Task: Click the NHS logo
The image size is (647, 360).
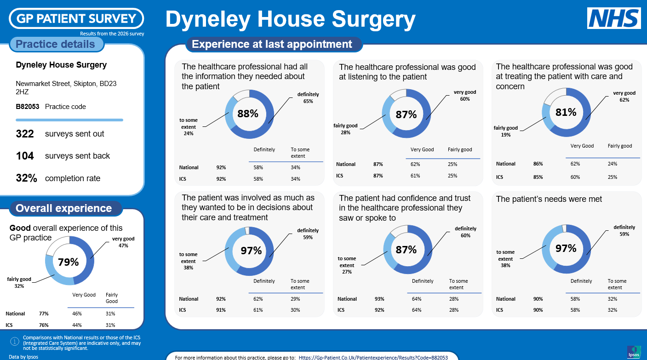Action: pos(614,18)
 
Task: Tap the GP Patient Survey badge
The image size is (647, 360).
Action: pos(76,18)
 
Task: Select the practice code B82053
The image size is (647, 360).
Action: pos(28,107)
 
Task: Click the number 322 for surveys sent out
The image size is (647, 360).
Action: pos(25,134)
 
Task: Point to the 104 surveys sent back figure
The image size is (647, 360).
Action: pos(25,156)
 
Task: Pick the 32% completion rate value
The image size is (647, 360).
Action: pos(26,178)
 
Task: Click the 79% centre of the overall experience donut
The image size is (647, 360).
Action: pos(69,262)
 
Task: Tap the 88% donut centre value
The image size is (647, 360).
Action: pos(248,114)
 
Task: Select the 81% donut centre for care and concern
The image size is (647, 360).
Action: pos(566,112)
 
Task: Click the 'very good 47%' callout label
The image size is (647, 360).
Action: pos(123,242)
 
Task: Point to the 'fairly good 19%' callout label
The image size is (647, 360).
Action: pos(506,131)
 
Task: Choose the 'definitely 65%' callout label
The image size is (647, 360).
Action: pos(308,97)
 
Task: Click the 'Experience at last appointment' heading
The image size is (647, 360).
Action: pos(272,44)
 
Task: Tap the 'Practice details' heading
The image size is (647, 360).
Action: pos(55,44)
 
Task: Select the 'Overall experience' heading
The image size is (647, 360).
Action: pos(63,208)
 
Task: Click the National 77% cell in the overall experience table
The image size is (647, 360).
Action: pos(44,314)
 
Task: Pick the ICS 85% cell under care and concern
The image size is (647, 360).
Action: pos(538,177)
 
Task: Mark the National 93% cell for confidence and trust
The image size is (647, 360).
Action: pos(379,299)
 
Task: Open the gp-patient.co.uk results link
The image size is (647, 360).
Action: pos(373,357)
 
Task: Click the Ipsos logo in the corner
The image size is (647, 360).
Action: pos(633,352)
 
